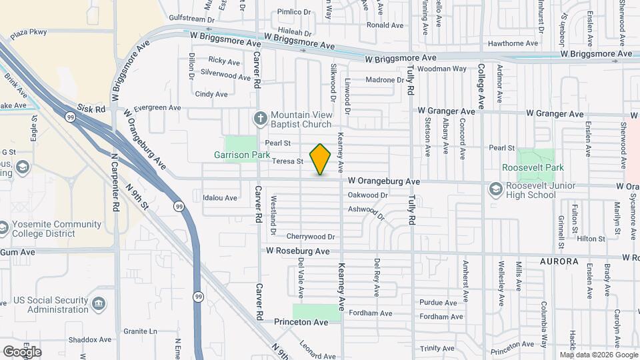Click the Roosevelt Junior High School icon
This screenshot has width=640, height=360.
click(x=495, y=189)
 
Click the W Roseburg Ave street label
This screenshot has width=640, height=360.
click(x=298, y=251)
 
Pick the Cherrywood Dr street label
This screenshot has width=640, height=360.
click(x=310, y=237)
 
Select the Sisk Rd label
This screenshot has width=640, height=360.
click(x=91, y=108)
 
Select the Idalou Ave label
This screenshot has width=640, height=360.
click(x=220, y=198)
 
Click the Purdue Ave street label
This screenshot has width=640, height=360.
click(x=439, y=303)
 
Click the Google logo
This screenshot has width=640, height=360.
click(x=22, y=351)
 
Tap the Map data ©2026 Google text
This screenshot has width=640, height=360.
click(x=598, y=355)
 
